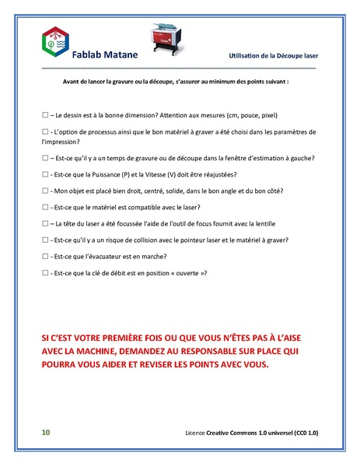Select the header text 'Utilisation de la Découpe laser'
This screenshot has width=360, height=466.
(x=274, y=57)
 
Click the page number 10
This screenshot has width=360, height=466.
(x=46, y=432)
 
